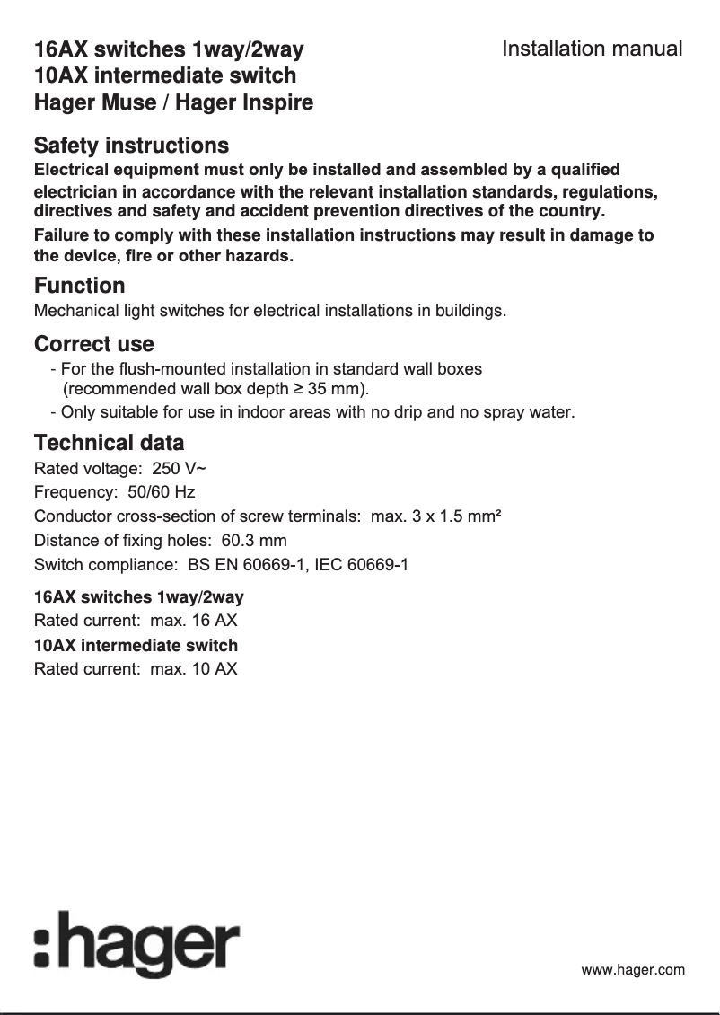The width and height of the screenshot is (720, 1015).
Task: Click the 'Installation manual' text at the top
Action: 592,49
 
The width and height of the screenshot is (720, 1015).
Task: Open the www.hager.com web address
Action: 633,970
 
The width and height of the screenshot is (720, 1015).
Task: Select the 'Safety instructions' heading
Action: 131,146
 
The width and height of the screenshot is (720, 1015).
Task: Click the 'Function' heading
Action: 79,286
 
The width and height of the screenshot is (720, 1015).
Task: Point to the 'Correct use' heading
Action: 93,344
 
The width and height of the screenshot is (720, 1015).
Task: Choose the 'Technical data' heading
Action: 109,443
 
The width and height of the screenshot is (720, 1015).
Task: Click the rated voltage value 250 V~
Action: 180,468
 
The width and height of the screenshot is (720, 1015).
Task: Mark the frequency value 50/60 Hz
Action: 162,492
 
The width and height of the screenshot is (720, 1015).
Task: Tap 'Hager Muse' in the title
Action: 94,102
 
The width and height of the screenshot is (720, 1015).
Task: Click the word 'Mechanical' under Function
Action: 73,312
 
